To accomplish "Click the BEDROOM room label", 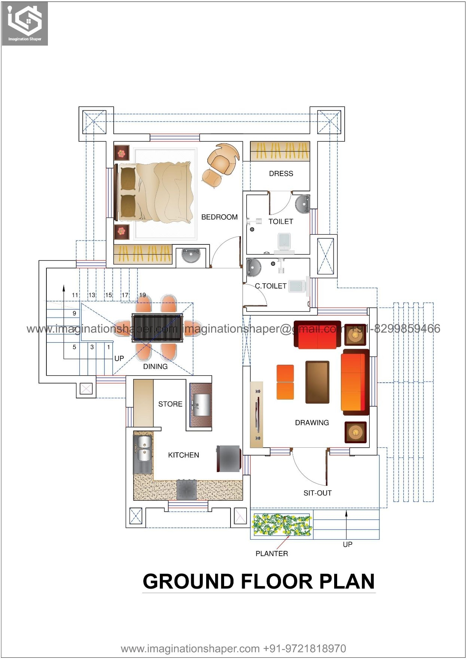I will point(219,217).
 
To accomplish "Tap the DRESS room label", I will point(281,174).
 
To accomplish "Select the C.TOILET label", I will point(271,286).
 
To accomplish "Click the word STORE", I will point(170,404).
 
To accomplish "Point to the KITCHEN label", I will point(183,455).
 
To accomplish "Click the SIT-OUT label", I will point(317,493).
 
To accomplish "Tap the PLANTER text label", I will point(272,554).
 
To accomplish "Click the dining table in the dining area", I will point(157,328).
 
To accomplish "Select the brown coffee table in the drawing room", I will point(317,382).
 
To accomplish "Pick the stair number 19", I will point(142,295).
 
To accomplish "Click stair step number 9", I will point(74,314).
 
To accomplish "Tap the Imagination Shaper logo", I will point(25,23).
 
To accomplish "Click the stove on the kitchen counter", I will point(187,490).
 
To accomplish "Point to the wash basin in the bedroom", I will point(191,256).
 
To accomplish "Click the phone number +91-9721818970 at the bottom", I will point(305,648).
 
